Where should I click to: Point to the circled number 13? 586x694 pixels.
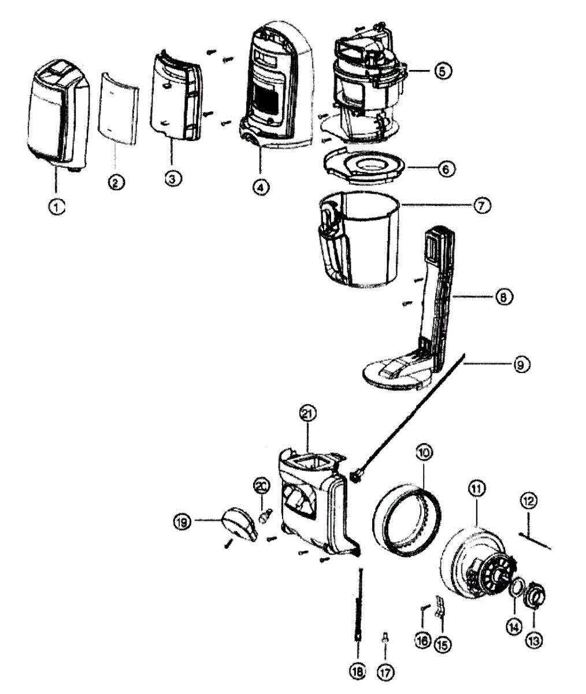tap(533, 640)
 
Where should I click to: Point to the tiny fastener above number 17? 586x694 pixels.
tap(385, 638)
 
